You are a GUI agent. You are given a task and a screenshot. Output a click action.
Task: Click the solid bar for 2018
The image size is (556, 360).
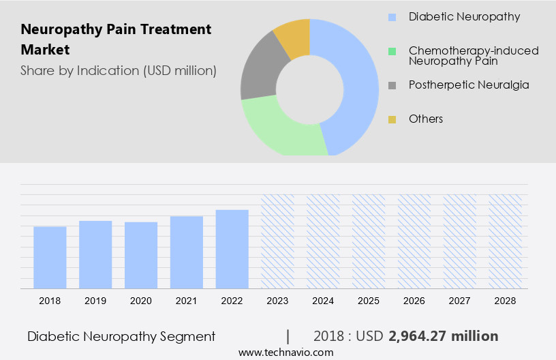(x=50, y=257)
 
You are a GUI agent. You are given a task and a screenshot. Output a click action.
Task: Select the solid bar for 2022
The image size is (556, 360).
(x=232, y=249)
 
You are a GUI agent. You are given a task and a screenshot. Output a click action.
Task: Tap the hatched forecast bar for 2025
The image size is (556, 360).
(x=369, y=241)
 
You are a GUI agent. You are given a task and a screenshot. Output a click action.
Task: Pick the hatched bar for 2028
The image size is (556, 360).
(x=506, y=241)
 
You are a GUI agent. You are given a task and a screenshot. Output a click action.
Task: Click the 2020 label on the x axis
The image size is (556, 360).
(x=140, y=301)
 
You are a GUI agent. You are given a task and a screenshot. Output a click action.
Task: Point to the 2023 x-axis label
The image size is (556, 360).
(x=277, y=301)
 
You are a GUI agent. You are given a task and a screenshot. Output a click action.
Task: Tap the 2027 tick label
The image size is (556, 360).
(x=460, y=301)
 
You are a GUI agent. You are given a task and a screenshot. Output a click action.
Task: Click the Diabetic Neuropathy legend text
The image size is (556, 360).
(x=464, y=16)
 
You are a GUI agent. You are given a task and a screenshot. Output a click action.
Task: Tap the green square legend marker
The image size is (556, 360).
(x=392, y=51)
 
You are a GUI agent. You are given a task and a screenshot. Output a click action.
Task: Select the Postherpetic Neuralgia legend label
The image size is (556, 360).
(x=469, y=85)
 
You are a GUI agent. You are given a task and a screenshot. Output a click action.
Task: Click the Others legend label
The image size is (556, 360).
(x=426, y=119)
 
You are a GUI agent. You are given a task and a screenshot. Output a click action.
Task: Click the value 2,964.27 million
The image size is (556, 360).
(x=443, y=336)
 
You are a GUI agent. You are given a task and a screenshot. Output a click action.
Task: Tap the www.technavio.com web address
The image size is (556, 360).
(x=286, y=352)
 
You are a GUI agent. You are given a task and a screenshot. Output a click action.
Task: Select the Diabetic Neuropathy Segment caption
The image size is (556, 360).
(x=121, y=336)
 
